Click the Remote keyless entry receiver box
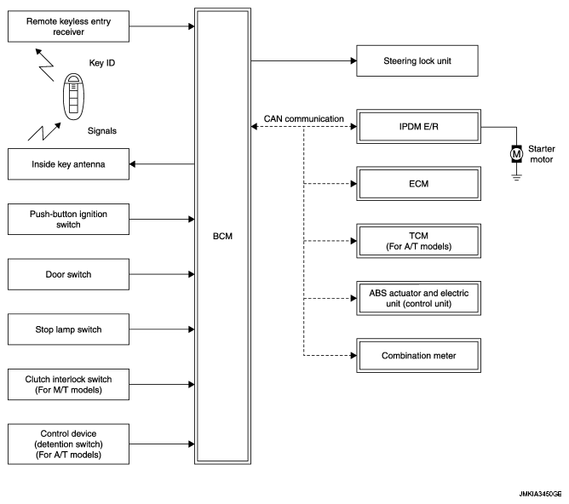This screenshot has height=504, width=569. point(69,26)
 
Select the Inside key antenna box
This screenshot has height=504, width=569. point(69,164)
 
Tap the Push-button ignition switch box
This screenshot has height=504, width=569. point(69,220)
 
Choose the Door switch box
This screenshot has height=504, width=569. point(69,274)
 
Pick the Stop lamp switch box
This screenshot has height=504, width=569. point(69,329)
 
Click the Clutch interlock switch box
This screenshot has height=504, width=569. point(69,385)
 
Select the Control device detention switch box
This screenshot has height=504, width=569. point(69,444)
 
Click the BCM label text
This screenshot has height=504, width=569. point(222,236)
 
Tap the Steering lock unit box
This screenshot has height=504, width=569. point(417,61)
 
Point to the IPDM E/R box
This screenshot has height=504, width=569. point(419,127)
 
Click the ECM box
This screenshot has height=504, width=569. point(419,184)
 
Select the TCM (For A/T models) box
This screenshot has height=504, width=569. point(419,241)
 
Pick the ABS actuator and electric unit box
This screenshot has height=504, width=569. point(419,299)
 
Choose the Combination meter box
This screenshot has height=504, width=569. point(419,356)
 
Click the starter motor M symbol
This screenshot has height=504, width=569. point(516,154)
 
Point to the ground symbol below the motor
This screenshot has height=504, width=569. point(516,177)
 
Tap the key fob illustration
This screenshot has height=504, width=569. point(73,96)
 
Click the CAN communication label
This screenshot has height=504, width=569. point(304,118)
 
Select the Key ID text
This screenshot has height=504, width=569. point(102,63)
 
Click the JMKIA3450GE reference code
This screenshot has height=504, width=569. point(540,494)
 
